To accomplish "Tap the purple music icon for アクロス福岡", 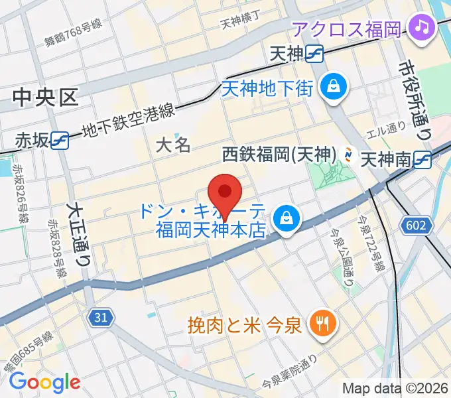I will pos(421,27).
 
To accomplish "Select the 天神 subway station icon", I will pos(315,54).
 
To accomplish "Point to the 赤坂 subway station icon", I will pos(60,140).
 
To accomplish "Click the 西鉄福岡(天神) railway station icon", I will pos(348,155).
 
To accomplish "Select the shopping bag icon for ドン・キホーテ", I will pos(287,216).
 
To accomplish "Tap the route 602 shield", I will pos(414,226).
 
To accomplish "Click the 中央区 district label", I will pos(45,98).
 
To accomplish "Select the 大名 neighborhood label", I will pos(173,145).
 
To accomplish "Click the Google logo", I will pos(44,381).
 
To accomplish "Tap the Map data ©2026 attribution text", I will pos(395,388).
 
